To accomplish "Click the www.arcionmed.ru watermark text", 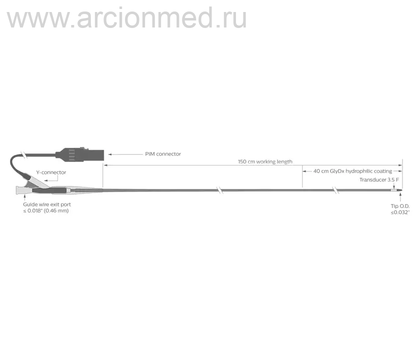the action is [126, 18].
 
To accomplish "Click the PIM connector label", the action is [163, 154].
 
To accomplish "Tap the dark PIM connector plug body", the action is [80, 154].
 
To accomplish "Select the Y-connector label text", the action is [51, 172].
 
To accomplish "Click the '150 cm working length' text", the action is [265, 161].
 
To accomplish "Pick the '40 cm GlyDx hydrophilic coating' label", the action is [353, 171].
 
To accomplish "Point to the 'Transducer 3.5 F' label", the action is [379, 179].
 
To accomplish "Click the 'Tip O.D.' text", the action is [400, 206].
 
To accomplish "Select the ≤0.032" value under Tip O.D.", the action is [400, 212].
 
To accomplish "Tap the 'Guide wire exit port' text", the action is [47, 204].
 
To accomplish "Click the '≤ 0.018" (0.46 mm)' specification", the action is [46, 211].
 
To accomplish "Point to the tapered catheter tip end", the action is [401, 190].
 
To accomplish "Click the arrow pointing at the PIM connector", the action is [125, 154].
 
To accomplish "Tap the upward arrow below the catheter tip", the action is [400, 197].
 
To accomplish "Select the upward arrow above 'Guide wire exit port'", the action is [24, 197].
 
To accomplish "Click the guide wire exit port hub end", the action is [17, 190].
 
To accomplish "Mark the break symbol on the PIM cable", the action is [24, 155].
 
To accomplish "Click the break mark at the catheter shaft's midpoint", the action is [219, 190].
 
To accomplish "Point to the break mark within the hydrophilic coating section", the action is [335, 190].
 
